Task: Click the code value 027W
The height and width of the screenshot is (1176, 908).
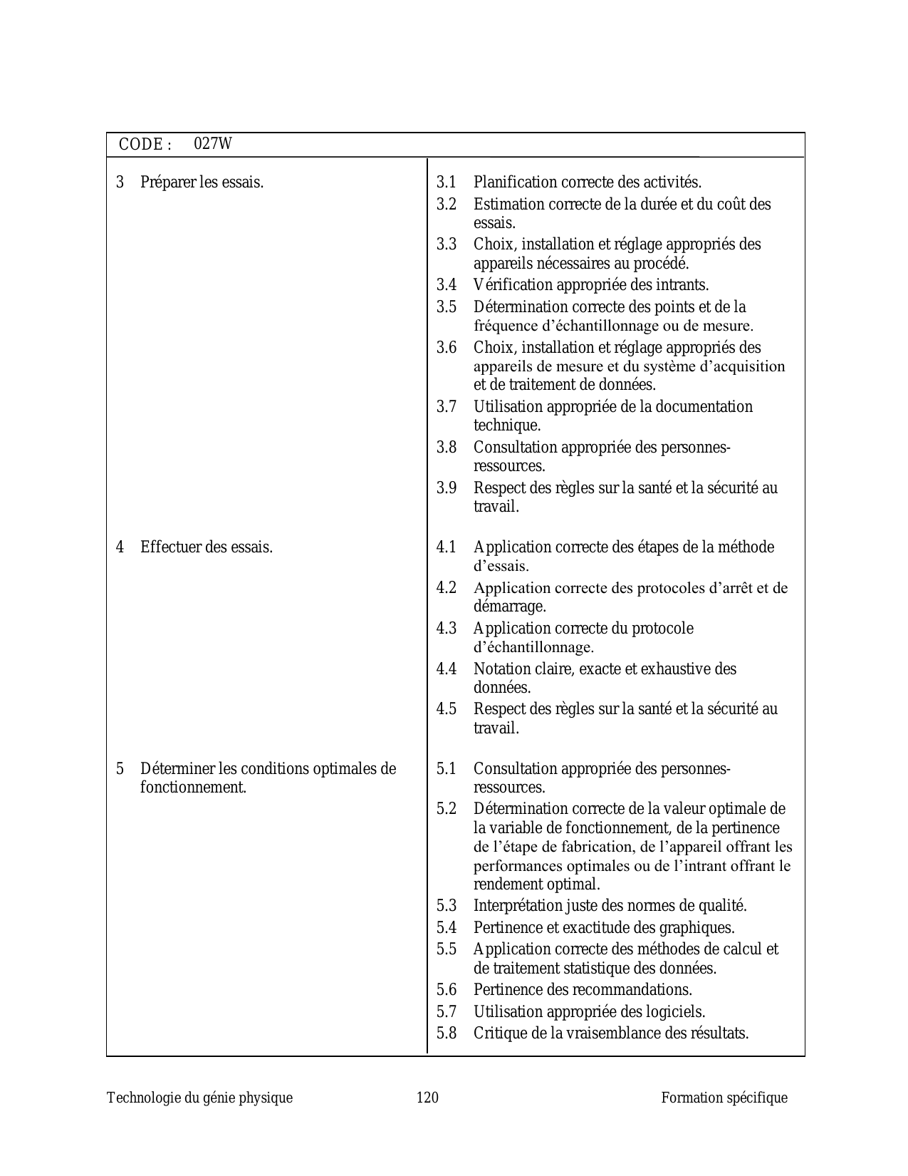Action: point(213,144)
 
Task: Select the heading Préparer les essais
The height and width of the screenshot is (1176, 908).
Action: point(202,182)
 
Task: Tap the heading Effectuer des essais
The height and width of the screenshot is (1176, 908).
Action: point(207,547)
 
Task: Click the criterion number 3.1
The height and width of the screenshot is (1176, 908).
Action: point(447,182)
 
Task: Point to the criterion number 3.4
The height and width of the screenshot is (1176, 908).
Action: point(447,285)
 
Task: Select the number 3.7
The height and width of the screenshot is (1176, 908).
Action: point(447,407)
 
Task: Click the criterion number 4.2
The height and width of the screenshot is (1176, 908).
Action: point(447,588)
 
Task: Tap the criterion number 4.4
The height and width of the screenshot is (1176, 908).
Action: point(447,669)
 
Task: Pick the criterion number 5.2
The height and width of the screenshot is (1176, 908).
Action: point(447,809)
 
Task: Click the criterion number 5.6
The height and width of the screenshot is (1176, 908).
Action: point(447,990)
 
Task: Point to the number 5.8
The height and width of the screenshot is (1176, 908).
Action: point(447,1033)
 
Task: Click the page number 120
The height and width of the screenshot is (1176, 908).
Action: point(427,1098)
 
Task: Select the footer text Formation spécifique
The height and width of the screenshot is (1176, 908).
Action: point(724,1098)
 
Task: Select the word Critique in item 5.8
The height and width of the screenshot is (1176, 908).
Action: point(496,1033)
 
